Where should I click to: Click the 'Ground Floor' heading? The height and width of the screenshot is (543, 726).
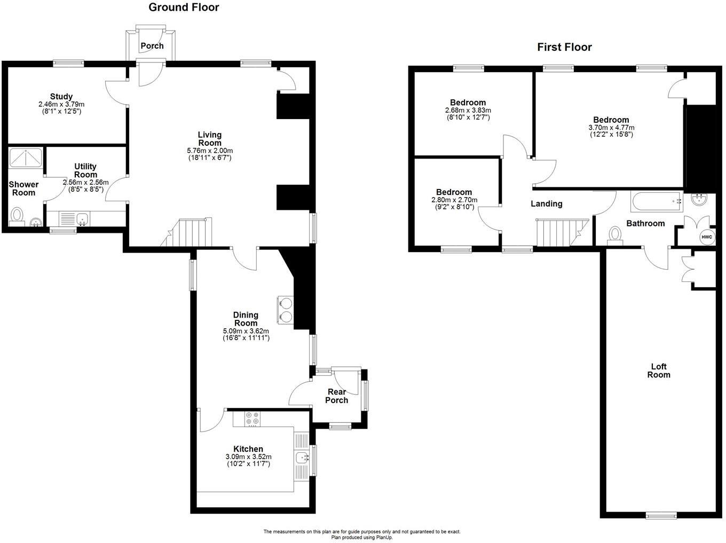[183, 7]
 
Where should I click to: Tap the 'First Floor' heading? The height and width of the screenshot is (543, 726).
[564, 47]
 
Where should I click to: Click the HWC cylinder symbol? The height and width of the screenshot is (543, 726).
[706, 237]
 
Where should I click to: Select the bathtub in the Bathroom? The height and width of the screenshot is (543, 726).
[656, 201]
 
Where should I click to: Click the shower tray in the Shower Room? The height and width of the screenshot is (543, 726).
[26, 158]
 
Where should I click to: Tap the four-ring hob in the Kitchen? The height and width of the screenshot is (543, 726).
[252, 418]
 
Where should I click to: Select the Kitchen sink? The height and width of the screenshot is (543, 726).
[302, 458]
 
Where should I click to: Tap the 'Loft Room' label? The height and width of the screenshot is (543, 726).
[659, 371]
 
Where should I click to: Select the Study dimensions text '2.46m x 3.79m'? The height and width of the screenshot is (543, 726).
[61, 104]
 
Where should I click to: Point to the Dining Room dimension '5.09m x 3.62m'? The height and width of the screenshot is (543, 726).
[246, 331]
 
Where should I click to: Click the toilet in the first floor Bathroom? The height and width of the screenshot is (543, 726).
[615, 234]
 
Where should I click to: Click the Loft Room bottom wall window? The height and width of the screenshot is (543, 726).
[661, 515]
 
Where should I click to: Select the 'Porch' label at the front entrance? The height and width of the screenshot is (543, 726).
[152, 46]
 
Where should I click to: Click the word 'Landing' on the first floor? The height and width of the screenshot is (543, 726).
[546, 203]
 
